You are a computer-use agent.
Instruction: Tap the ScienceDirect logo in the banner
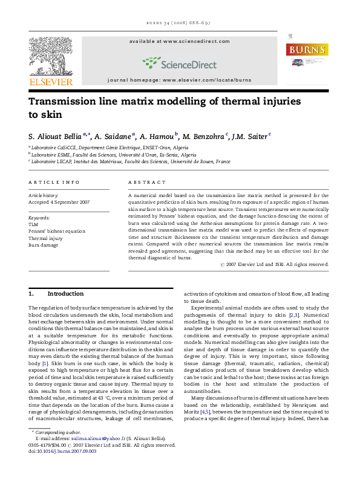[180, 62]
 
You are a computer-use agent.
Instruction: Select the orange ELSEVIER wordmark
[51, 82]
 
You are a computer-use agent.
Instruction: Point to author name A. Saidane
[115, 137]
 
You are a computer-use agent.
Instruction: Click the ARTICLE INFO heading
[54, 182]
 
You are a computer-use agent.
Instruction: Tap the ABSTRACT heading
[147, 182]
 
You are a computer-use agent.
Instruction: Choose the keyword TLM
[33, 224]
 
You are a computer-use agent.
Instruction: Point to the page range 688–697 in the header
[196, 23]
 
